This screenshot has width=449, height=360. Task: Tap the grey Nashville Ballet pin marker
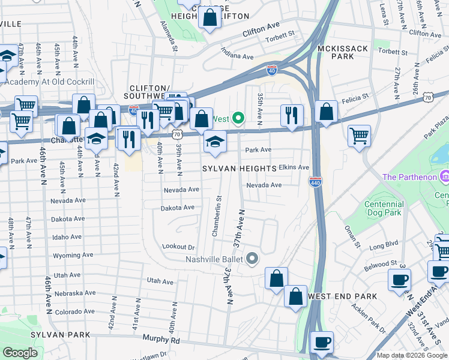252,259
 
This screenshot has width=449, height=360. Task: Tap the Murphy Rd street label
161,339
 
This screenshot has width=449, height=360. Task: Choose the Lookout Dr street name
179,247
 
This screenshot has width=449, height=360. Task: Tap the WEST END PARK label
342,296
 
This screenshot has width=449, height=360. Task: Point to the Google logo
20,353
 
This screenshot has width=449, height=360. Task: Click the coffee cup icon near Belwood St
399,279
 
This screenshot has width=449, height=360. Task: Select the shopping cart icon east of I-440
359,135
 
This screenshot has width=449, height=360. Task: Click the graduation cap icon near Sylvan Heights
215,141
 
